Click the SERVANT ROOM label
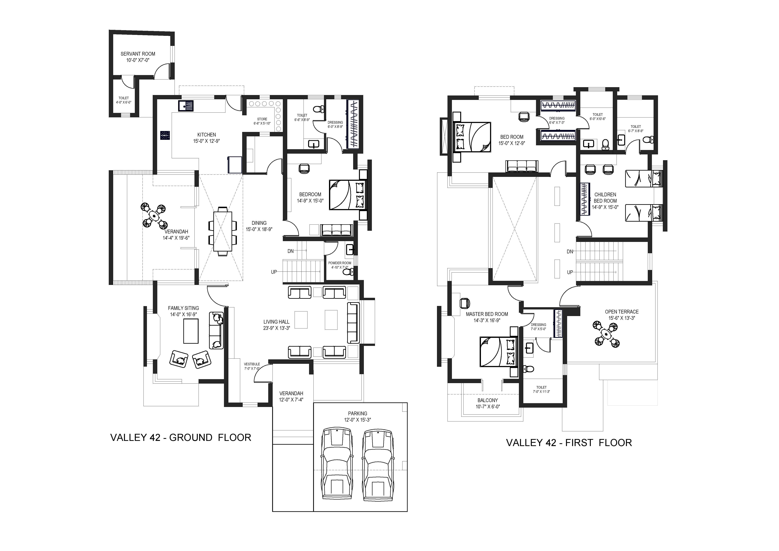[x=138, y=54]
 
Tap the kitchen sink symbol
[x=186, y=106]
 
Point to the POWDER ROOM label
[x=340, y=263]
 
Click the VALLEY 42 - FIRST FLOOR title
[x=569, y=443]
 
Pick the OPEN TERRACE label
[x=622, y=312]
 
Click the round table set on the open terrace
[x=606, y=334]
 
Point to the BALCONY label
[x=488, y=400]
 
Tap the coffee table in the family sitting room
[x=191, y=331]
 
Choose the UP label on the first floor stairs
[x=570, y=272]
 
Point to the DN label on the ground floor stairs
[x=290, y=251]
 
